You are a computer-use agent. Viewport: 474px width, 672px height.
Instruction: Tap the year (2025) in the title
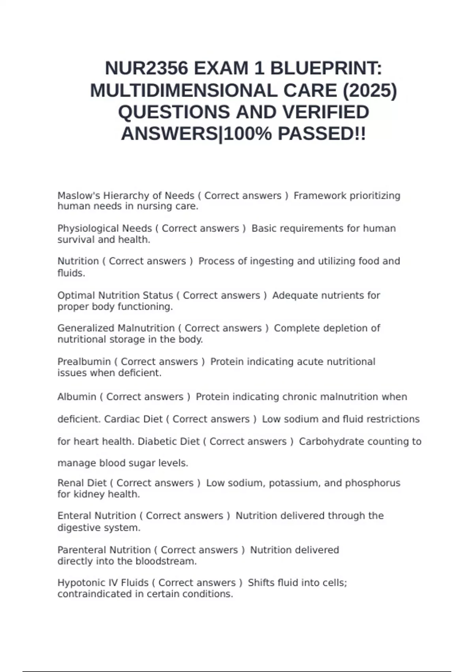369,91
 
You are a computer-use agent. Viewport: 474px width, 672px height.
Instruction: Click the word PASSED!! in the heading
322,134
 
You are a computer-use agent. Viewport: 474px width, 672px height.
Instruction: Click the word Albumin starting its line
77,397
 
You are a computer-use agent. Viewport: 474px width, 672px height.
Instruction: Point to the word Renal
70,483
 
